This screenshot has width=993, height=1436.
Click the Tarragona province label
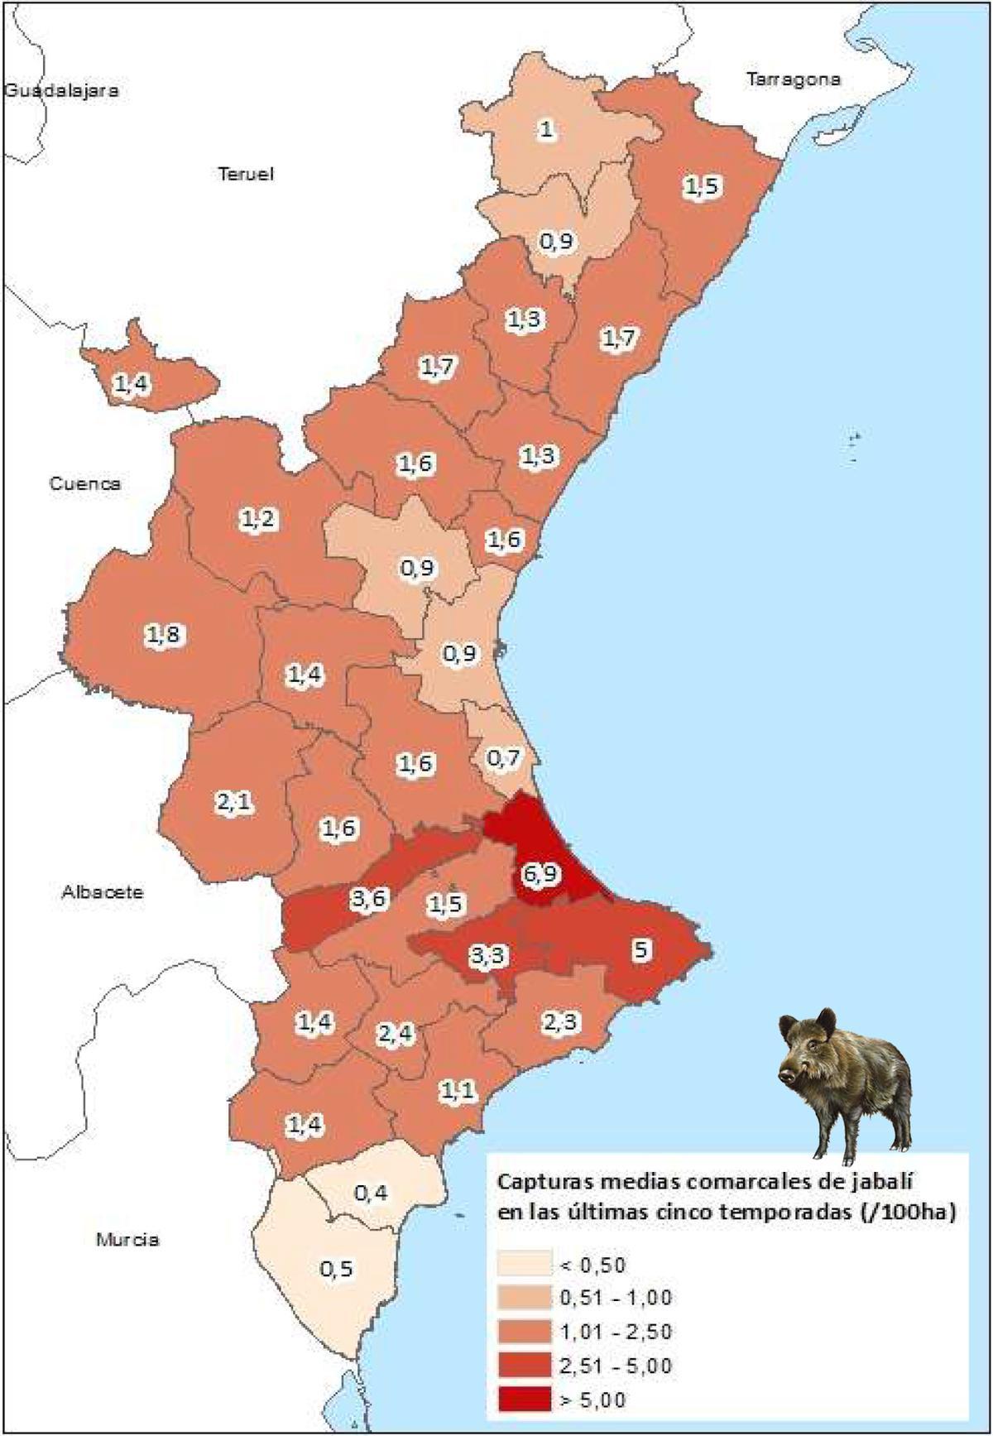[793, 79]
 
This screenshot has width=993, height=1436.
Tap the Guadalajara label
[61, 90]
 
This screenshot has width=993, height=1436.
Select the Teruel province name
[246, 174]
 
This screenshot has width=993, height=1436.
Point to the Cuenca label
[85, 483]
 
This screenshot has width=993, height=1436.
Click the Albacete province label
[103, 892]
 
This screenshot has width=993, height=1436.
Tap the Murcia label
[127, 1240]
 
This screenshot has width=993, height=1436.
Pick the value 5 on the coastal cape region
[642, 949]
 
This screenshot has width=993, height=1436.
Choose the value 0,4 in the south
[370, 1193]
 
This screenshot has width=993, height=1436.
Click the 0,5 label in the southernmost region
[335, 1269]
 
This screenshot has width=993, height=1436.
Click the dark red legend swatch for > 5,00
[524, 1400]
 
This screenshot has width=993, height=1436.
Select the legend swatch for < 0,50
[524, 1265]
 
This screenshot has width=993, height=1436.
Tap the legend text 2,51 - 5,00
[616, 1366]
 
